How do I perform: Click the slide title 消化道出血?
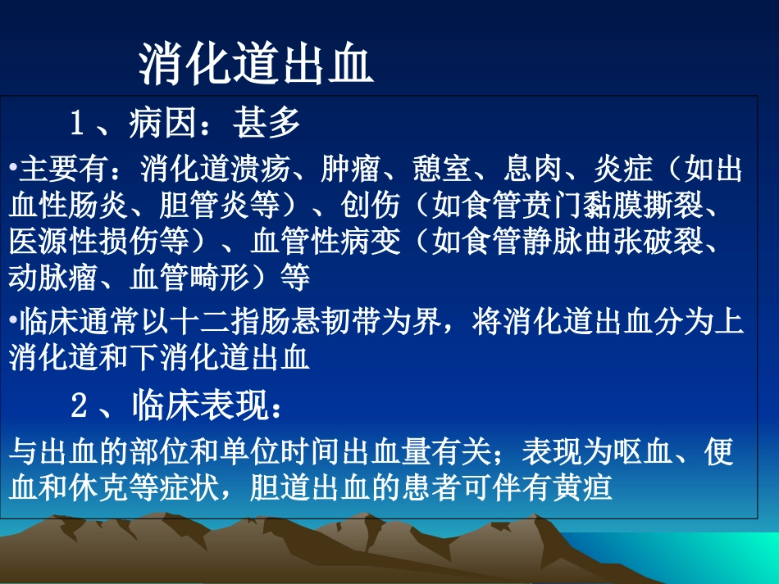pyautogui.click(x=256, y=66)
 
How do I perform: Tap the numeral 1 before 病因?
pyautogui.click(x=78, y=124)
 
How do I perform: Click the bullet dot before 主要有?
pyautogui.click(x=14, y=170)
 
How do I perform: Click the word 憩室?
pyautogui.click(x=442, y=170)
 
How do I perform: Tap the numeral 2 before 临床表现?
pyautogui.click(x=79, y=404)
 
